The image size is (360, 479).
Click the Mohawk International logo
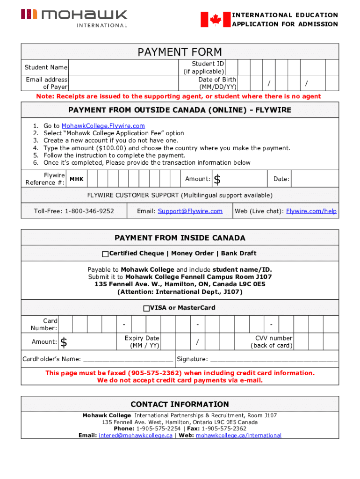[74, 18]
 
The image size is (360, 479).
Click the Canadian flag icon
[215, 20]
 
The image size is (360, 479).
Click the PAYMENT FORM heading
[180, 52]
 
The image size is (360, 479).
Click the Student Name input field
[123, 68]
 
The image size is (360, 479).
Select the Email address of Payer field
[123, 83]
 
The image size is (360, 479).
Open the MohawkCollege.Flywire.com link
[103, 126]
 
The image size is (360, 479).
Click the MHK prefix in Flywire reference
[77, 179]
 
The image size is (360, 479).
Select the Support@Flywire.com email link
[190, 211]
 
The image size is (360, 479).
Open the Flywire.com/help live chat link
[311, 211]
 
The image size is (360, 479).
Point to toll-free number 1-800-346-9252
[74, 211]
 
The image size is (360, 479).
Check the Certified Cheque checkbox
[105, 254]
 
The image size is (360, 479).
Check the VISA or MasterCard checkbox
[146, 308]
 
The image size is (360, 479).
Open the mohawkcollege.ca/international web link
[238, 435]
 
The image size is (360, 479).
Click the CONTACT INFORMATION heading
[180, 404]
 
